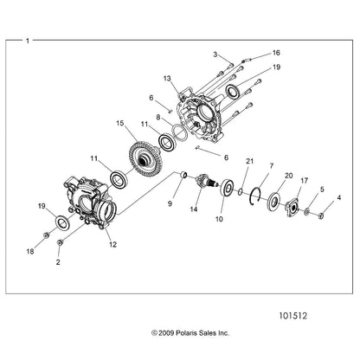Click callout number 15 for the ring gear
119,124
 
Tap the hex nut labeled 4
321,215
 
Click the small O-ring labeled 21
240,192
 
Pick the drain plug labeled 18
45,235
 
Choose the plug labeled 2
61,242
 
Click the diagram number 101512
293,316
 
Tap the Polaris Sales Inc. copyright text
190,333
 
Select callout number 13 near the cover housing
167,79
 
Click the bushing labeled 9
183,175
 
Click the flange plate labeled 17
292,207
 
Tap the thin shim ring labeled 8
180,132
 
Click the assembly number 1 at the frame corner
28,41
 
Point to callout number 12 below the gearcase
112,245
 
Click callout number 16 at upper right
276,53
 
